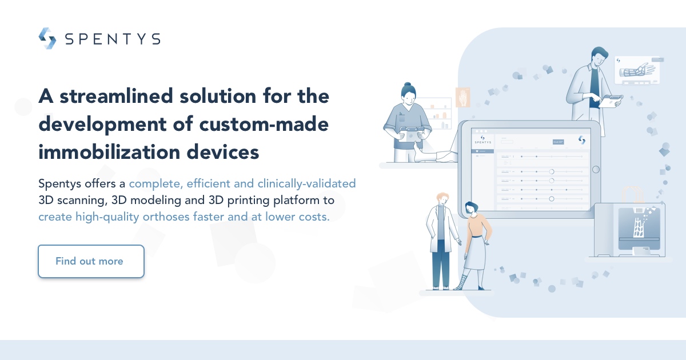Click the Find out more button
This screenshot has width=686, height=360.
point(91,261)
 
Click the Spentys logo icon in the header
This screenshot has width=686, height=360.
point(47,38)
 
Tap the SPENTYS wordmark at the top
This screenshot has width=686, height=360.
point(112,39)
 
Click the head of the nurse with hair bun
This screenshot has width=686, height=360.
point(408,94)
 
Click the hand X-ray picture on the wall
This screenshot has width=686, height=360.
point(462,98)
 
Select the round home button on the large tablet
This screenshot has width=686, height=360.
point(596,169)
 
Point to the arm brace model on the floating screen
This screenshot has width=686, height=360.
point(636,71)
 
